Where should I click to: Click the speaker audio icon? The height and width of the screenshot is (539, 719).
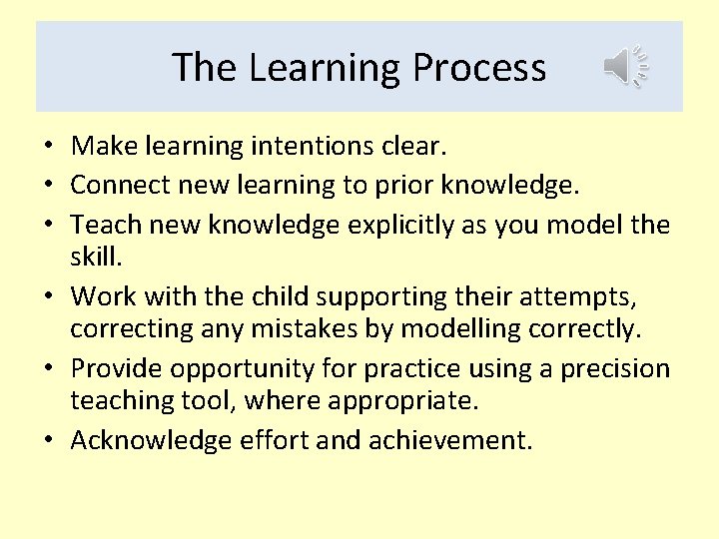626,67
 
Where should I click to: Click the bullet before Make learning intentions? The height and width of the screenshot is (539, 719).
47,148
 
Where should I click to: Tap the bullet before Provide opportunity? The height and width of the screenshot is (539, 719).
47,368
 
